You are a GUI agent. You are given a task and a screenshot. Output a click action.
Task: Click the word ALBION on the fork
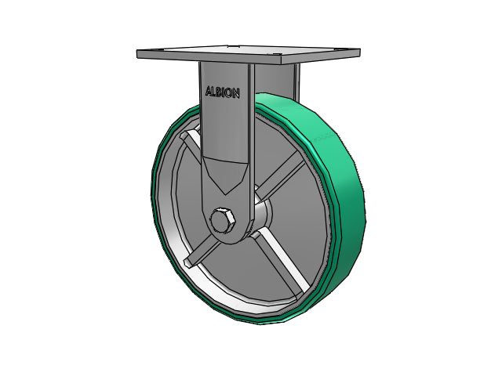click(223, 92)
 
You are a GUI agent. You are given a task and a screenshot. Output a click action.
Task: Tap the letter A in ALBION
click(209, 91)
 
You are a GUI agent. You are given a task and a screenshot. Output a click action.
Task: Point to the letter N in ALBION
click(235, 94)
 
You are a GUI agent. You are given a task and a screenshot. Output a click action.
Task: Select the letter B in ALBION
click(219, 92)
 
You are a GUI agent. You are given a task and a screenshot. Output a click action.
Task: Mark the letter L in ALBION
click(213, 92)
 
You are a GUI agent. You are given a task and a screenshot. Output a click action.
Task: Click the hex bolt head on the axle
click(223, 221)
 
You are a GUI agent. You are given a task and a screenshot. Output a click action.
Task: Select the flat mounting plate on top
click(249, 54)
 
